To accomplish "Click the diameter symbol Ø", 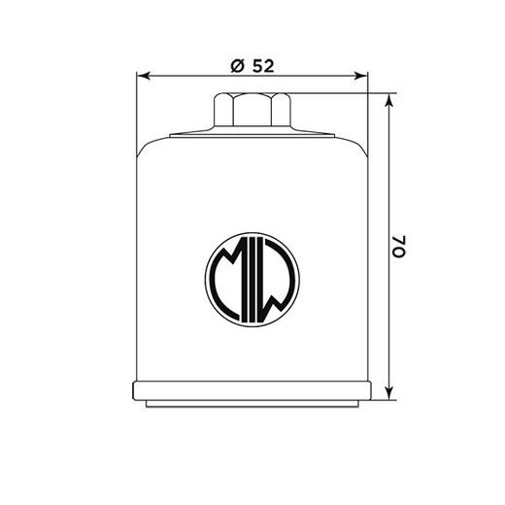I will (x=236, y=65).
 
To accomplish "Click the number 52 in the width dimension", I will (x=261, y=65).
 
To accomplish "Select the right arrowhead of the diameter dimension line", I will (x=365, y=77).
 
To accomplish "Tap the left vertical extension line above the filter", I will (x=136, y=107).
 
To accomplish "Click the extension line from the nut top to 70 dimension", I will (x=340, y=94).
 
